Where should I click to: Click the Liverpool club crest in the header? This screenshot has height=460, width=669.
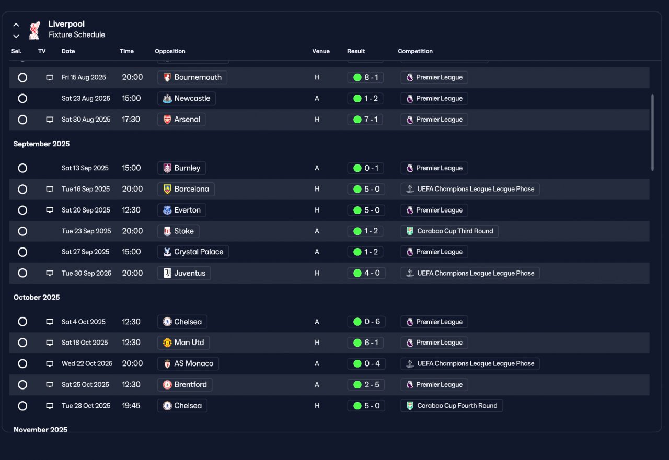click(x=34, y=30)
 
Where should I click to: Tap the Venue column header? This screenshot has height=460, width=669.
click(x=321, y=51)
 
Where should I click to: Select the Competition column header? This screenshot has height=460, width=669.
click(x=415, y=51)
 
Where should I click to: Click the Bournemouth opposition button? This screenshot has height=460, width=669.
click(x=192, y=77)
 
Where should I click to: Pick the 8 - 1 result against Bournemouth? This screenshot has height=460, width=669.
click(x=365, y=77)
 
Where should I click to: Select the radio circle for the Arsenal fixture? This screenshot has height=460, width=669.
click(x=22, y=120)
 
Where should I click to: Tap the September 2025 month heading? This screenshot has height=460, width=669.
click(x=41, y=144)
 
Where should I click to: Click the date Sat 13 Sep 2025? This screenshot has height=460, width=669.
click(x=85, y=168)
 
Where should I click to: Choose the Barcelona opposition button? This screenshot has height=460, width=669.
click(x=186, y=189)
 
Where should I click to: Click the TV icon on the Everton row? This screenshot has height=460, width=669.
click(x=50, y=210)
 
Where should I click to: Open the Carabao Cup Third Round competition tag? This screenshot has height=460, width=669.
click(x=449, y=231)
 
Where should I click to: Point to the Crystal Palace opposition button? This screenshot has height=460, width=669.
click(x=193, y=252)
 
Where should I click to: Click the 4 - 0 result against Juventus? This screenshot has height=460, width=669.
click(x=366, y=273)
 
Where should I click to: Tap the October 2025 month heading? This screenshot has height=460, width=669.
click(x=37, y=298)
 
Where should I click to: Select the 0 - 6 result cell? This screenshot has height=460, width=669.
click(x=366, y=322)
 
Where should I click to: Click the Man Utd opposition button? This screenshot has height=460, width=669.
click(x=183, y=343)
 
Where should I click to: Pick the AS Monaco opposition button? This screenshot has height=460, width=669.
click(x=188, y=363)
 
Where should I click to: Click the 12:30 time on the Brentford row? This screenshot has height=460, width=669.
click(x=131, y=384)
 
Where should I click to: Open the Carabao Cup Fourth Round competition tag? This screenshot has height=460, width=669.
click(x=452, y=406)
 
